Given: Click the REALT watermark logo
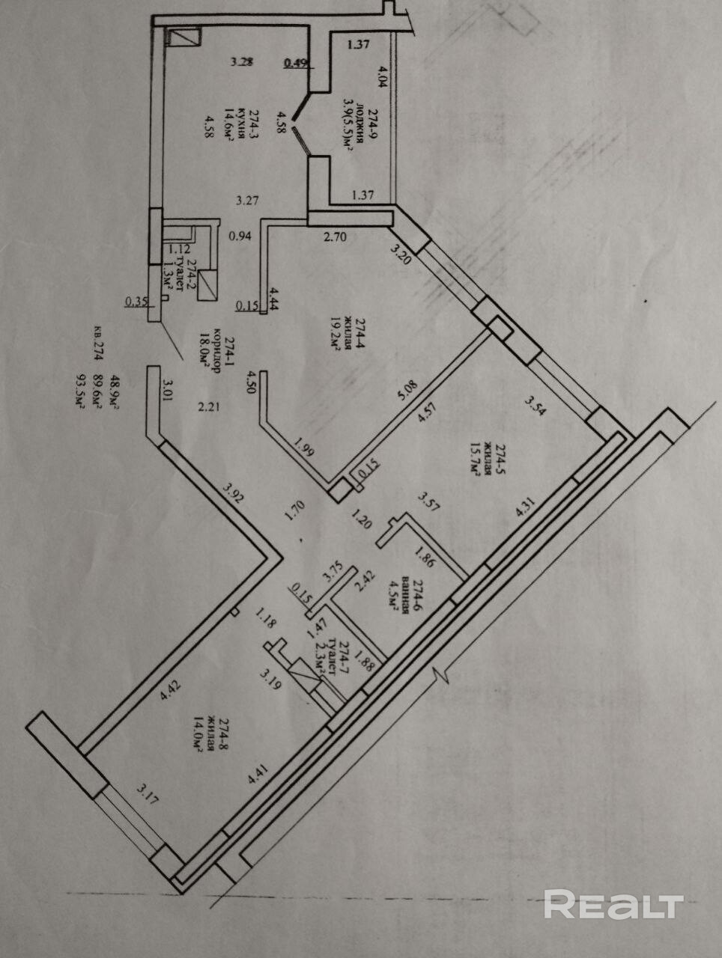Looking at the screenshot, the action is click(613, 905).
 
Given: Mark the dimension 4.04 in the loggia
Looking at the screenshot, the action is click(383, 77).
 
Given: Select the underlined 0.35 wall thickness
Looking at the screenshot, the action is click(136, 302).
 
